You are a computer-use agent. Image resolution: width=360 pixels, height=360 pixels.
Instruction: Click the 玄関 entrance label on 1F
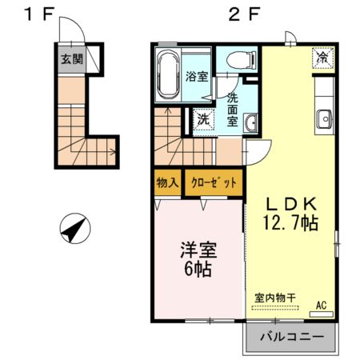tap(71, 59)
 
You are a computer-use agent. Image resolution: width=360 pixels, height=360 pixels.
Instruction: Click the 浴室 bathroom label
tap(196, 78)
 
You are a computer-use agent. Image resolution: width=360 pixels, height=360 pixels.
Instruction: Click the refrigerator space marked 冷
tap(322, 58)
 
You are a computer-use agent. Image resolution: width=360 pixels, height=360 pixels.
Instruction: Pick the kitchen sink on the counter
tap(324, 121)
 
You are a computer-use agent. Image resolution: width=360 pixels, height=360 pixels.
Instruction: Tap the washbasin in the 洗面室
tap(251, 122)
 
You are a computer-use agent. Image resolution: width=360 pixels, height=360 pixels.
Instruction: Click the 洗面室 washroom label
tap(232, 110)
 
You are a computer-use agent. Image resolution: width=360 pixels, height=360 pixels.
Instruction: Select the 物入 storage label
tap(166, 182)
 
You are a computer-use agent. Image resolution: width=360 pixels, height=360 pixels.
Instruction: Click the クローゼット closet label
tap(214, 182)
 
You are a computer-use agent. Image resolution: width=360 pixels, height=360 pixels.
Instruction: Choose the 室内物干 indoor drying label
tap(275, 297)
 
